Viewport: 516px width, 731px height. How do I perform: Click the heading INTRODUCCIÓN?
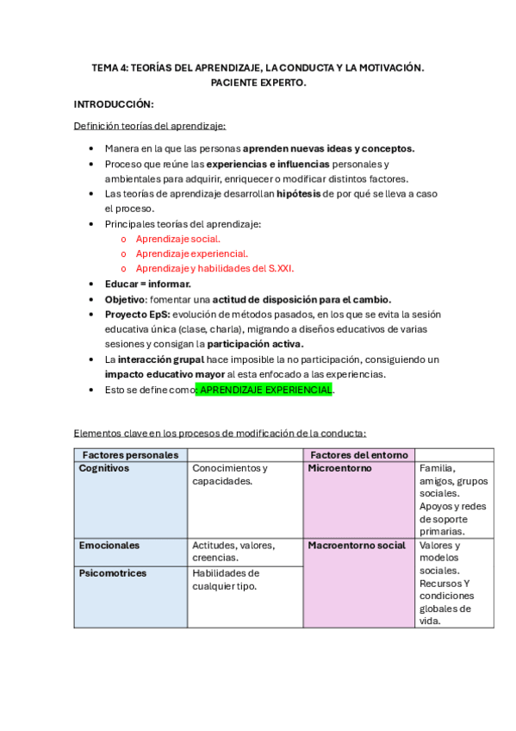pos(114,104)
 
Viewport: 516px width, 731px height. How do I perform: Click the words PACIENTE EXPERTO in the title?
pos(258,83)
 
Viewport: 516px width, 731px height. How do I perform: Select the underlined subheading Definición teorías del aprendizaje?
pos(150,126)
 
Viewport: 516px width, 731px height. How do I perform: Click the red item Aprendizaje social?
pos(178,239)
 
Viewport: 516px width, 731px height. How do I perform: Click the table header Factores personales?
pos(130,454)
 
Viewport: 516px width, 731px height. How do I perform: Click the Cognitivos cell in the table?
pos(104,468)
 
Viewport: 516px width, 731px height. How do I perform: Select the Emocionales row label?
pos(109,546)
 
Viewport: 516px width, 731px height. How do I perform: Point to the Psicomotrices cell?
pos(113,573)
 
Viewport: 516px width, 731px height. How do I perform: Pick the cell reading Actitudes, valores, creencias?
pos(233,552)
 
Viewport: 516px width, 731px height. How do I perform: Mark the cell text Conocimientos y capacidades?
pos(230,474)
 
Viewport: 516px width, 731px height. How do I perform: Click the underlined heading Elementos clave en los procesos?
pos(220,433)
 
